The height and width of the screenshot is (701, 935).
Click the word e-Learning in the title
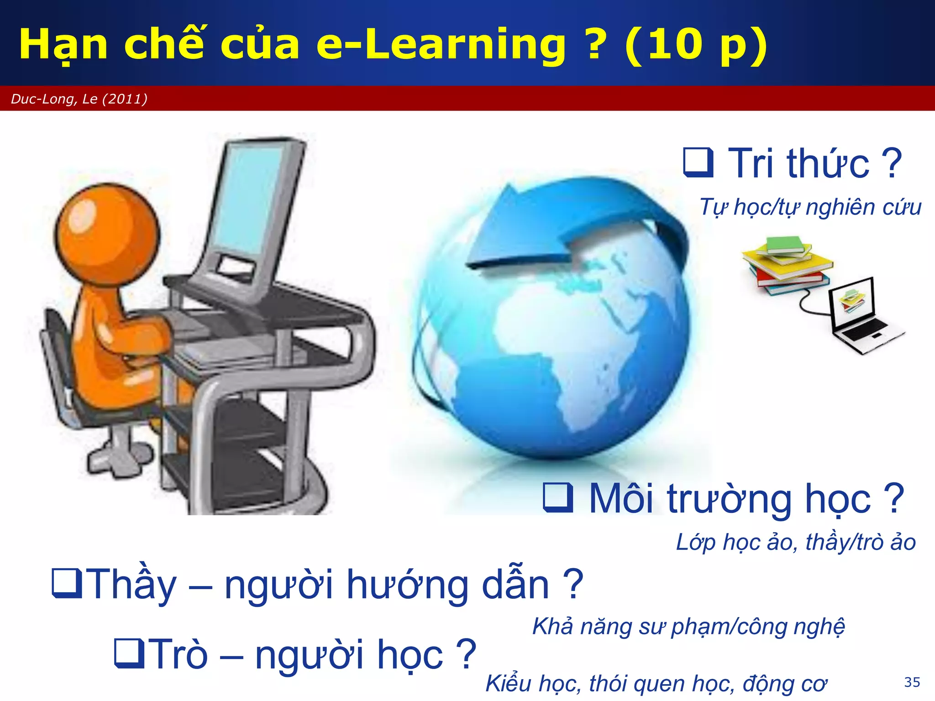[x=441, y=44]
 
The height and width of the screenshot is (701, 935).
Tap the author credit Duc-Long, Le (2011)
[x=79, y=99]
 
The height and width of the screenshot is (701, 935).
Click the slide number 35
[x=912, y=682]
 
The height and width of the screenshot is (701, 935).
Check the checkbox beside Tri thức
[x=698, y=162]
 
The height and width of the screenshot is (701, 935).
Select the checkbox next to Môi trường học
[x=558, y=497]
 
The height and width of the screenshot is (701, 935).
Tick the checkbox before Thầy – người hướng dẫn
[x=67, y=583]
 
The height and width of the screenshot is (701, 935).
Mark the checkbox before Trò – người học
[x=129, y=653]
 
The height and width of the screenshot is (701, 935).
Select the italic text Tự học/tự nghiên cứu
[x=810, y=207]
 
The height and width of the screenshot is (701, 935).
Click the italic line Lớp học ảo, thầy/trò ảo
[x=796, y=542]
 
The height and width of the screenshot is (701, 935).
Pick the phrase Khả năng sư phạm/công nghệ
[x=688, y=626]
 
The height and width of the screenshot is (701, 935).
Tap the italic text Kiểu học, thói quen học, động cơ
[x=656, y=683]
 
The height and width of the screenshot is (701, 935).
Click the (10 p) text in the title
[x=696, y=44]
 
